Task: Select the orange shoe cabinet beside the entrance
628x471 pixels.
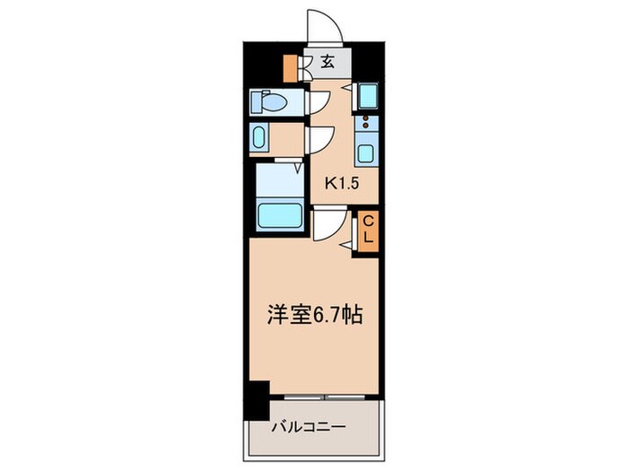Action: point(290,68)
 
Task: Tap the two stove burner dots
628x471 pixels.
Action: point(365,123)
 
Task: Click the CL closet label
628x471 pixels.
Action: point(368,230)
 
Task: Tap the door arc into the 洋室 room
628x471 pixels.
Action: point(327,224)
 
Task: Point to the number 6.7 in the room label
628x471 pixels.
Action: point(327,316)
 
